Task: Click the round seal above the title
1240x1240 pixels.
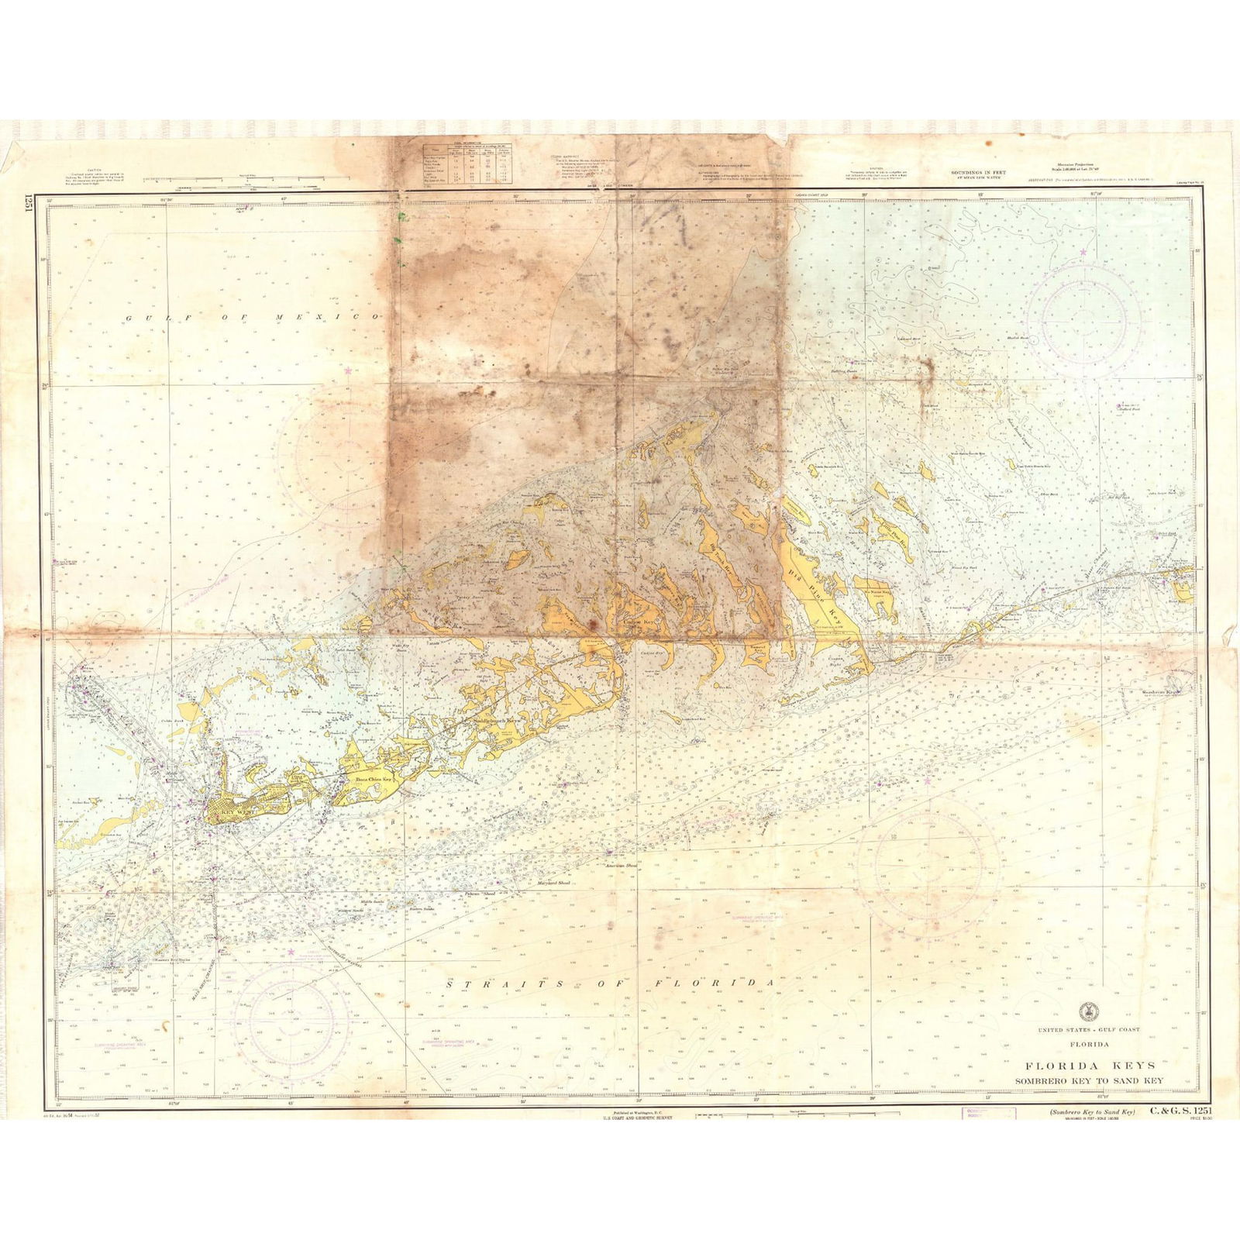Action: coord(1088,1011)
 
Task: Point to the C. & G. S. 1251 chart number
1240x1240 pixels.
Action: coord(1180,1111)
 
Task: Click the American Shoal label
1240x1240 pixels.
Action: coord(621,866)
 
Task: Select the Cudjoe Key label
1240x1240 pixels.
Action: coord(638,622)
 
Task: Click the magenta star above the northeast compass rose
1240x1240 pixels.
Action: coord(1083,252)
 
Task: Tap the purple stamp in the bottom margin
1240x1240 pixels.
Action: coord(989,1114)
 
